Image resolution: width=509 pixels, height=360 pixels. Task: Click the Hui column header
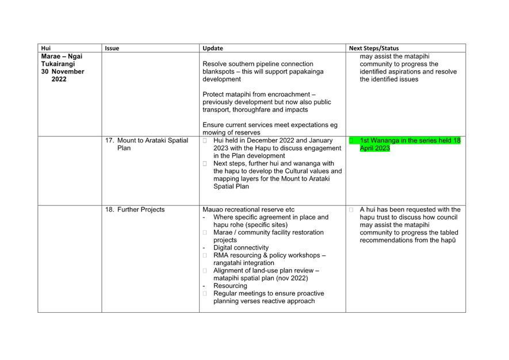(x=46, y=48)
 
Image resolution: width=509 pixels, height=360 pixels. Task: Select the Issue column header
(x=112, y=48)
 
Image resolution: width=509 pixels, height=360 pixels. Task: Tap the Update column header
(x=213, y=48)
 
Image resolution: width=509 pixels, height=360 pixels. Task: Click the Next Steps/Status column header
(x=374, y=48)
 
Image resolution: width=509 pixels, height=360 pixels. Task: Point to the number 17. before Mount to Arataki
(x=109, y=140)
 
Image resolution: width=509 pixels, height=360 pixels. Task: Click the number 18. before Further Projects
(x=109, y=210)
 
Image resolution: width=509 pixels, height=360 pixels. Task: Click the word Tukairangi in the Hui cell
(x=58, y=64)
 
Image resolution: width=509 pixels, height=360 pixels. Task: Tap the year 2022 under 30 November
(x=59, y=79)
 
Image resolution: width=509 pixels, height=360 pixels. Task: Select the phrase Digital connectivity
(x=241, y=248)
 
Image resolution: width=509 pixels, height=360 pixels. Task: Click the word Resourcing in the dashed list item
(x=230, y=286)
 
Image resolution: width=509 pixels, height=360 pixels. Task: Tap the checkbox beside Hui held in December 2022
(x=205, y=140)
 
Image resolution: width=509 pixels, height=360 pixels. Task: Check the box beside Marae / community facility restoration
(x=205, y=232)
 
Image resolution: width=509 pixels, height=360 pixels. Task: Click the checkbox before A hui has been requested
(x=351, y=210)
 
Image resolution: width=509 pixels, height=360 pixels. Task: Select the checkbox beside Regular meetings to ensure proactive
(x=205, y=293)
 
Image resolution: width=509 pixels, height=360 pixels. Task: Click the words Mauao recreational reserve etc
(x=248, y=210)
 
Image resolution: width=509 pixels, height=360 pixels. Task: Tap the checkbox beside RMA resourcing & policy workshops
(x=205, y=255)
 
